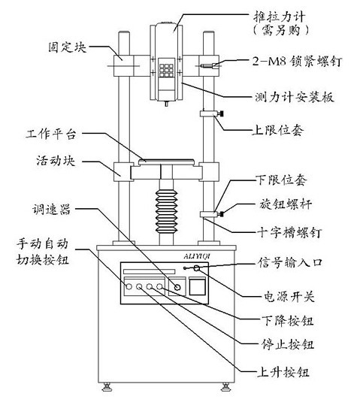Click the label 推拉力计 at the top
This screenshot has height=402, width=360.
[x=280, y=17]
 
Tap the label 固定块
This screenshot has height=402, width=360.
[x=68, y=47]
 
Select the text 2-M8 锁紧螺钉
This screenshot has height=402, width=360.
[x=297, y=62]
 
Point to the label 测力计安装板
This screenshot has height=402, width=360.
[x=295, y=97]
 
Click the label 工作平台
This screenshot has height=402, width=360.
[x=51, y=135]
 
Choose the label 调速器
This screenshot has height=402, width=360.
[x=51, y=210]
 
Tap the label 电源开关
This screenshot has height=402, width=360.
[x=289, y=297]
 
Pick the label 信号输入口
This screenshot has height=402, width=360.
[x=290, y=262]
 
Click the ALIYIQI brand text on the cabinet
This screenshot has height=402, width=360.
[x=197, y=256]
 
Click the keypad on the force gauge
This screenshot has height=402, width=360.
[x=166, y=71]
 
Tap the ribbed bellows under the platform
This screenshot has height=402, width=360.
[x=166, y=211]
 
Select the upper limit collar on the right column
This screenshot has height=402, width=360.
[x=208, y=113]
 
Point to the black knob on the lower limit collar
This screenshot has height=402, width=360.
[x=220, y=214]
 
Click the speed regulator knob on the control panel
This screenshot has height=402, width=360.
[x=177, y=287]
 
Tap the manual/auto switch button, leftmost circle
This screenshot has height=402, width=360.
[x=129, y=286]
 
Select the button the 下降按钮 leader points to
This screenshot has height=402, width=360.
[x=159, y=286]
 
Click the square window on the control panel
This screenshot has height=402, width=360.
[x=197, y=287]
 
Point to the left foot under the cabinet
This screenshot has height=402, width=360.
[x=106, y=387]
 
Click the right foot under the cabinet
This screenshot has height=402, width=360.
[x=225, y=387]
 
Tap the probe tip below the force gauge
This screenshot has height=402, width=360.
[x=166, y=104]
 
